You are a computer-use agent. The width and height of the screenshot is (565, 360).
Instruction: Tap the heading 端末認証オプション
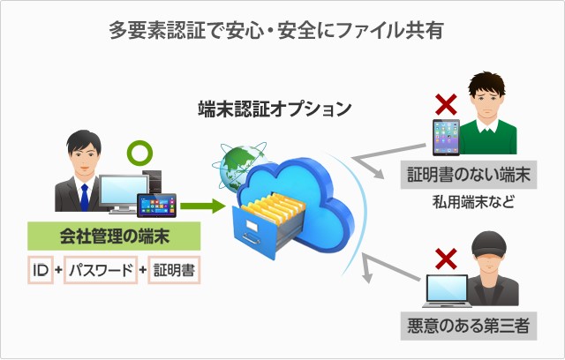click(275, 109)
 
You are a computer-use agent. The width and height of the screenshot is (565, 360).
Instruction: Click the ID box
click(40, 268)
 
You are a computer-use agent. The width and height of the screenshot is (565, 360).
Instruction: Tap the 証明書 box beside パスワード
click(174, 268)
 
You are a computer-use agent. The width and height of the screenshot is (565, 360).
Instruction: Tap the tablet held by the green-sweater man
click(446, 139)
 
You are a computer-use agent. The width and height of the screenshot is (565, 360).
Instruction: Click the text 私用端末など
click(472, 202)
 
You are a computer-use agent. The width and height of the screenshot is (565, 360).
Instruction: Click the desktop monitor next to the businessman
click(124, 192)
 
